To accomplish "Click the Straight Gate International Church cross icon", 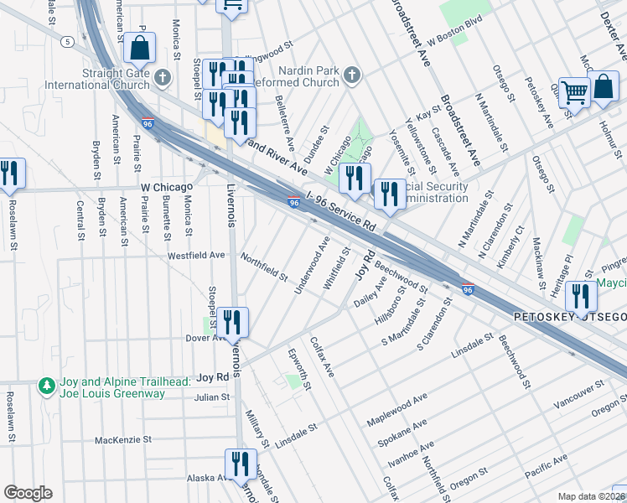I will pos(163,77).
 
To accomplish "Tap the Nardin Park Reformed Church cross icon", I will pos(352,76).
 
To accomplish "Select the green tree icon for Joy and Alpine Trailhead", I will pos(48,386).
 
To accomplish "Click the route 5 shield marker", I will pos(65,40).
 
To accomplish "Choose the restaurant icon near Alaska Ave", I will pos(240,463).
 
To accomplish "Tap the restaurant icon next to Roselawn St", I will pos(10,174).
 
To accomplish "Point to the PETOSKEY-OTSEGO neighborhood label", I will pos(569,318).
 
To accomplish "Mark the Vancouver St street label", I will pos(578,394).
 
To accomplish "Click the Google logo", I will pos(28,493).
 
